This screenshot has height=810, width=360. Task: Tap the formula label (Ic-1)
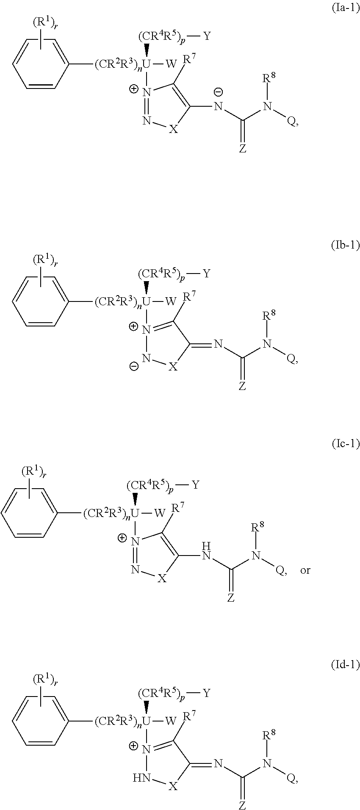pos(345,444)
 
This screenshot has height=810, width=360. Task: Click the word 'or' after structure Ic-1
pos(305,570)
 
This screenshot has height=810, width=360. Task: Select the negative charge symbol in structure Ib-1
pos(134,367)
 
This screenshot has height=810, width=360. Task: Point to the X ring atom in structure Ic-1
pos(161,578)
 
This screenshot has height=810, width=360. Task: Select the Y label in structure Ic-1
pos(195,485)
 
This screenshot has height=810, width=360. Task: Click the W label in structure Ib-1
pos(171,301)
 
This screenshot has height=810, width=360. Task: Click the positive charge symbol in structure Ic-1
pos(122,538)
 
